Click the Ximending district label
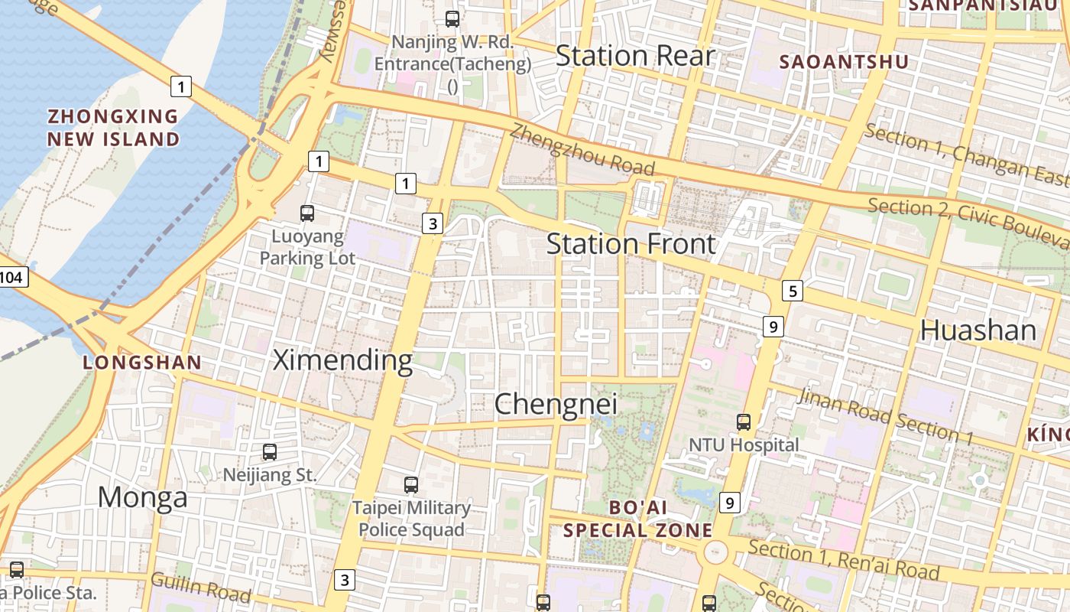click(x=342, y=360)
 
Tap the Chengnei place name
click(x=555, y=404)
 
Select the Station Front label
click(x=631, y=244)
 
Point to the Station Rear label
click(x=634, y=56)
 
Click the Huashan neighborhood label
click(x=978, y=330)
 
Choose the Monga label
click(x=142, y=497)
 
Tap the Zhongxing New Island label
click(x=113, y=128)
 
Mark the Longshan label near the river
click(x=142, y=363)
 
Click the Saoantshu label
click(x=843, y=62)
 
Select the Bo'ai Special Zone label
click(x=637, y=519)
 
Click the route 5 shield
click(x=793, y=291)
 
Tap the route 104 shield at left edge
click(x=11, y=277)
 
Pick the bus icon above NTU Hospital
click(x=743, y=422)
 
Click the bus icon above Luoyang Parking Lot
click(x=307, y=213)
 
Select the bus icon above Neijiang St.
click(x=269, y=452)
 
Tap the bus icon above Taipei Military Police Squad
click(x=411, y=484)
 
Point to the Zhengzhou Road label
click(x=582, y=150)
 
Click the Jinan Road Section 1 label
click(x=885, y=416)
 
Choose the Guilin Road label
click(x=200, y=587)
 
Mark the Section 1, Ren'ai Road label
click(x=844, y=560)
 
